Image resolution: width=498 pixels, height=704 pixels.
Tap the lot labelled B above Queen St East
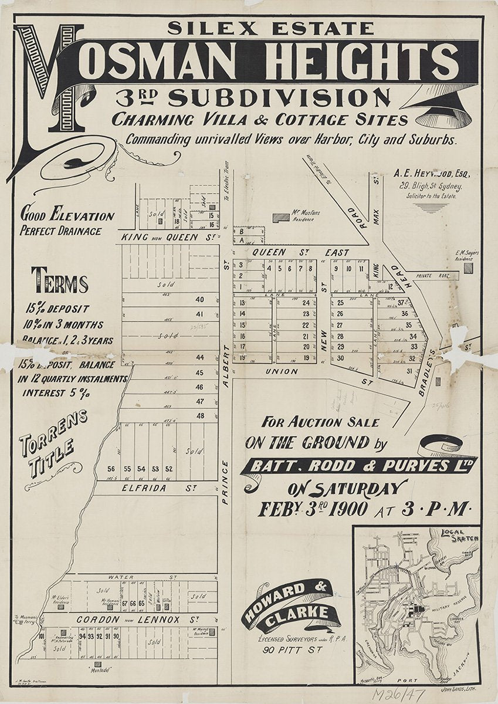pos(240,231)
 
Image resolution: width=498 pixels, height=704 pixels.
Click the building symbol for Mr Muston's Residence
pos(281,217)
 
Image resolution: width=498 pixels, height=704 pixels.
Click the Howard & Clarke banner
pos(287,607)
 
